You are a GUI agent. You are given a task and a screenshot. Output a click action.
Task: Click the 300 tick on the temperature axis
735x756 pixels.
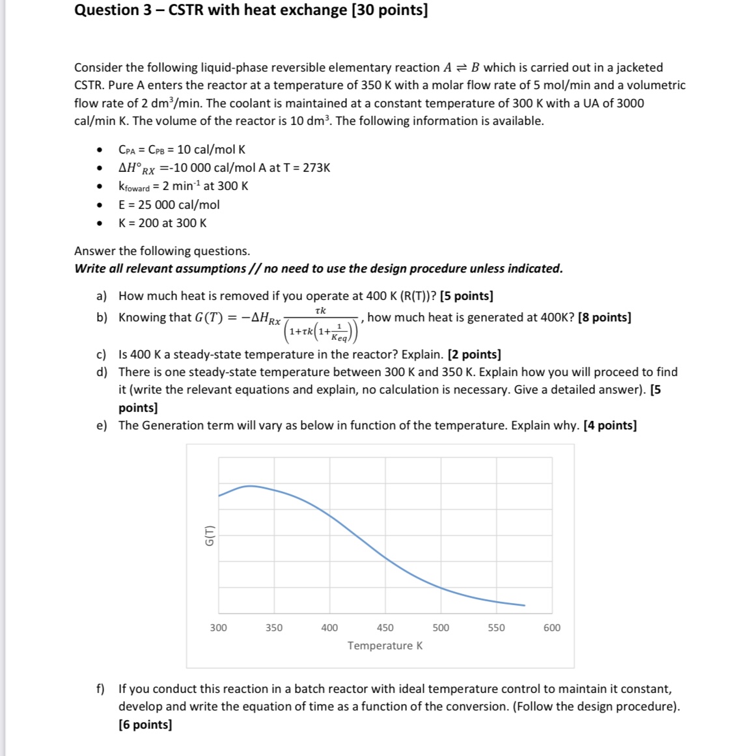click(x=218, y=628)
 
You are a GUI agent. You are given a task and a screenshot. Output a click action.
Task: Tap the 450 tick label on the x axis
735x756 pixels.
click(x=385, y=628)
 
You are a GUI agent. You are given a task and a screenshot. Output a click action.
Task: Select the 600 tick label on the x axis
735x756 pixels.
click(x=551, y=628)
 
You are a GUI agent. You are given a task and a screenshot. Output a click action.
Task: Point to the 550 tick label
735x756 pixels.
click(x=496, y=628)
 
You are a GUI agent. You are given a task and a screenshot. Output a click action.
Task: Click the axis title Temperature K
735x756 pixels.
click(x=385, y=645)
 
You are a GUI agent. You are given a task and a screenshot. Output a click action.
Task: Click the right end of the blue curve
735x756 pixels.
click(x=524, y=606)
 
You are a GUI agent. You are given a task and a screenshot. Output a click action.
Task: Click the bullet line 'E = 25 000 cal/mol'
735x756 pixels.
click(x=169, y=205)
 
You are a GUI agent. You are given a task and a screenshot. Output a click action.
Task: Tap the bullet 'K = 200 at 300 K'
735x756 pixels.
click(x=162, y=223)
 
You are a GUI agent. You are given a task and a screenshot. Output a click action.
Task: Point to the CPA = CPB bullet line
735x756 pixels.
click(x=182, y=150)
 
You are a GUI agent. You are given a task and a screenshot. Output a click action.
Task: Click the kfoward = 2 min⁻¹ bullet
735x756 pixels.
click(x=183, y=186)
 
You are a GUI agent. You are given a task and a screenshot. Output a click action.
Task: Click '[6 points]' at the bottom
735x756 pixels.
click(x=145, y=725)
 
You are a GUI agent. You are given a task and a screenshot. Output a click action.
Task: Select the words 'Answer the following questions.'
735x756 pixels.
click(x=162, y=251)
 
